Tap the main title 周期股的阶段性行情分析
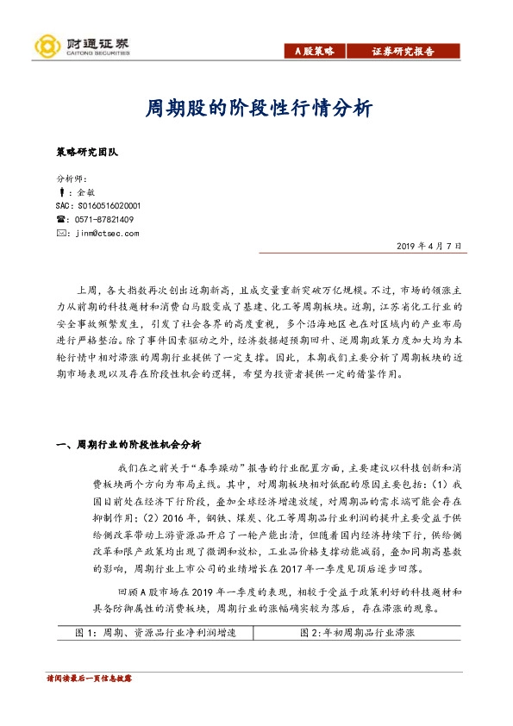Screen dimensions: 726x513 (x=256, y=110)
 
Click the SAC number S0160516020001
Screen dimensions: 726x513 (x=97, y=206)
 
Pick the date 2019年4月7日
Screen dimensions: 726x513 (x=430, y=247)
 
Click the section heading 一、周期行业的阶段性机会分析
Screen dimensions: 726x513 (x=128, y=444)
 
